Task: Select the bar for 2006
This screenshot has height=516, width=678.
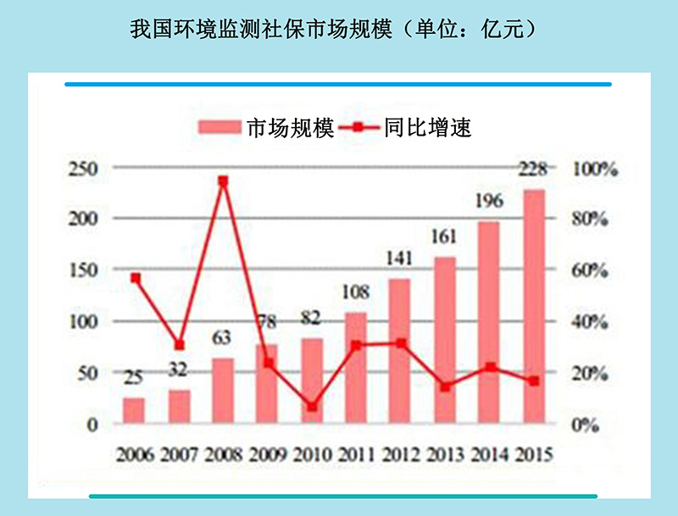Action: [x=134, y=411]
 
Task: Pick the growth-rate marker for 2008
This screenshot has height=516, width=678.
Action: [x=223, y=181]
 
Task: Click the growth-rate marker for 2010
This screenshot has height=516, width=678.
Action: [x=312, y=407]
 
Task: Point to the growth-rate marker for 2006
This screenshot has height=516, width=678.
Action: [x=134, y=278]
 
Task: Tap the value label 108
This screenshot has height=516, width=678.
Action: [x=356, y=293]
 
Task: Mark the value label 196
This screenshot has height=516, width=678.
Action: [x=489, y=201]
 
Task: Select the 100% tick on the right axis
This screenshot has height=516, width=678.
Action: [x=594, y=169]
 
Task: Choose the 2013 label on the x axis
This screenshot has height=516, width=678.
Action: [x=445, y=455]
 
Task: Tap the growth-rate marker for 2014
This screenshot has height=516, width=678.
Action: [x=490, y=368]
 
